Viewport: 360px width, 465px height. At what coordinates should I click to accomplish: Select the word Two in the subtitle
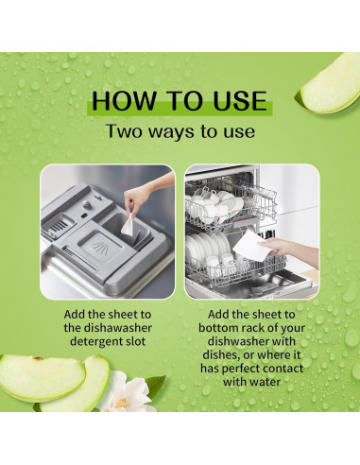point(125,130)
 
